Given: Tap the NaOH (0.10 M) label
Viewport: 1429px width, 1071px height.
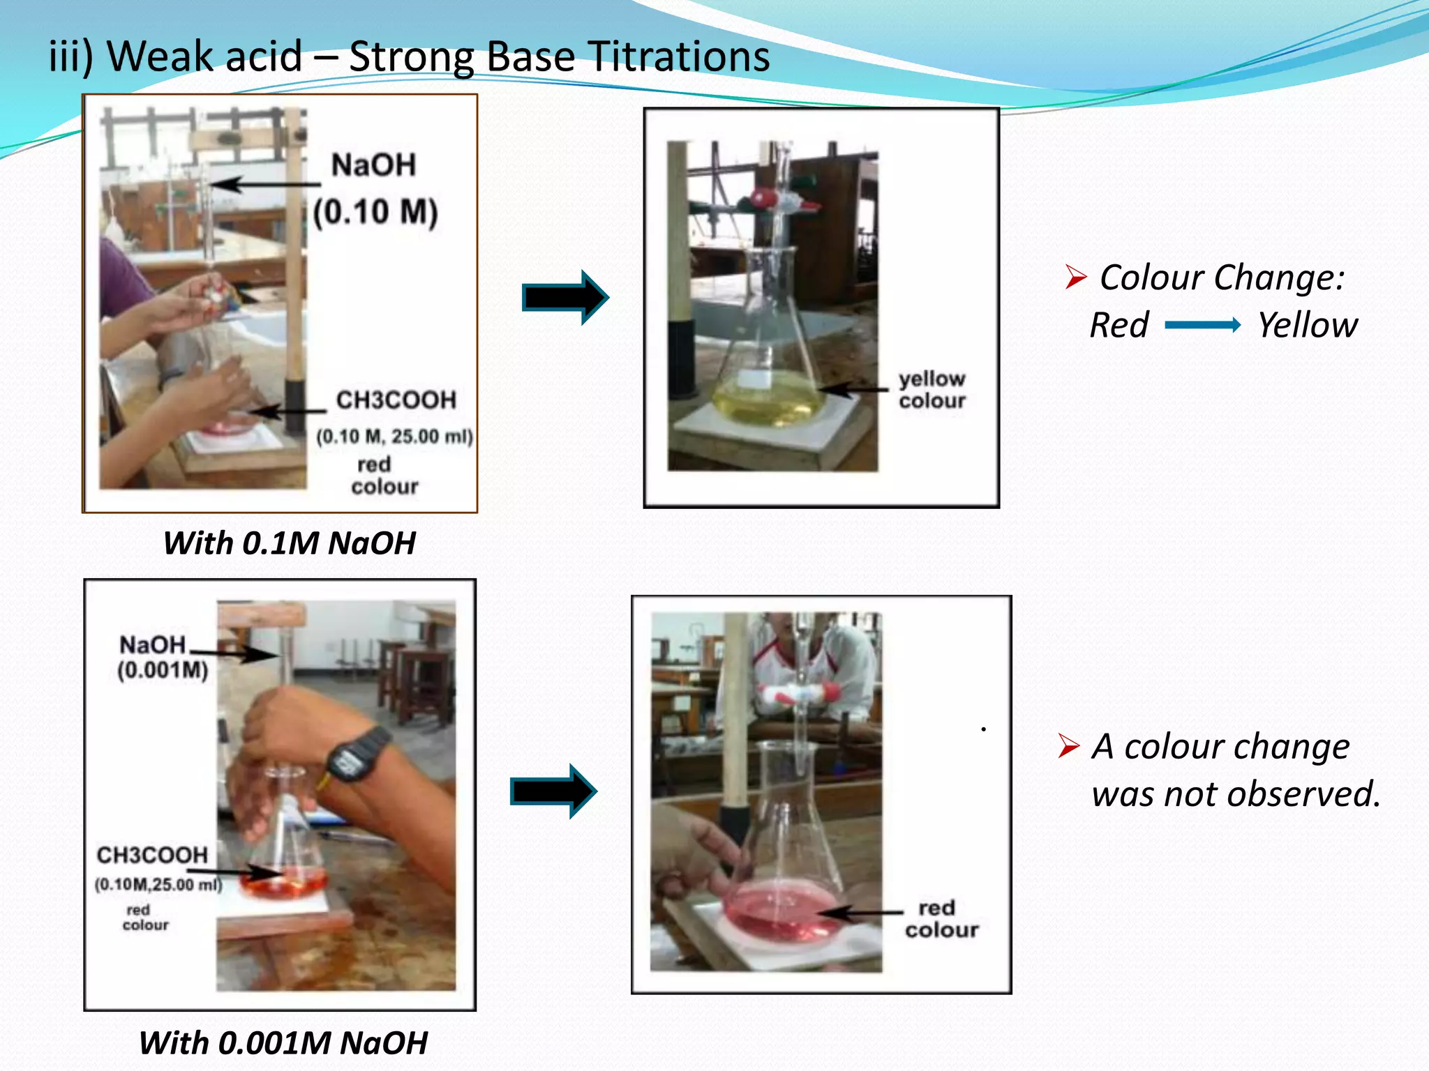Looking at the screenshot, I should tap(375, 188).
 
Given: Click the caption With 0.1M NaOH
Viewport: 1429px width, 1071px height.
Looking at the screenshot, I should tap(289, 543).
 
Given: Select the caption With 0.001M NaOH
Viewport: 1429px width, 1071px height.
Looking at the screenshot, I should tap(283, 1043).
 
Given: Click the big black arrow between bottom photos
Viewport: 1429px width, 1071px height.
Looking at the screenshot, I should tap(553, 791).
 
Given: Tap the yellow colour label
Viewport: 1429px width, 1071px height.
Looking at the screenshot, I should tap(932, 390).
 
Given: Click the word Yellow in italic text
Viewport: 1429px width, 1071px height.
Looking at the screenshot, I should tap(1307, 325).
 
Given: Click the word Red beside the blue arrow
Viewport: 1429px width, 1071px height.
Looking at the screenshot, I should tap(1119, 325).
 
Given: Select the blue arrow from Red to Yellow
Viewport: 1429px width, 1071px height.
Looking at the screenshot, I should tap(1202, 325).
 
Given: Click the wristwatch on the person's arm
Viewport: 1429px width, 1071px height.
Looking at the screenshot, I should tap(357, 757).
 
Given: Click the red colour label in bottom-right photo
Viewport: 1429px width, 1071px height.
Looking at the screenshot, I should tap(941, 919).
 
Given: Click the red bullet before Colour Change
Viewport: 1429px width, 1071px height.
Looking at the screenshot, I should tap(1075, 277).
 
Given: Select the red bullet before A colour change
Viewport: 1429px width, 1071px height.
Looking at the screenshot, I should tap(1068, 745).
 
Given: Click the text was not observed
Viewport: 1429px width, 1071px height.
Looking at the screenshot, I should tap(1236, 794).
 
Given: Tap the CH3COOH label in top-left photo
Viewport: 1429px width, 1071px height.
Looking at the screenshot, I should tap(396, 400).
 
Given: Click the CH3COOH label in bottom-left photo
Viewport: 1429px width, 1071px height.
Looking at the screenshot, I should tap(152, 855).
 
